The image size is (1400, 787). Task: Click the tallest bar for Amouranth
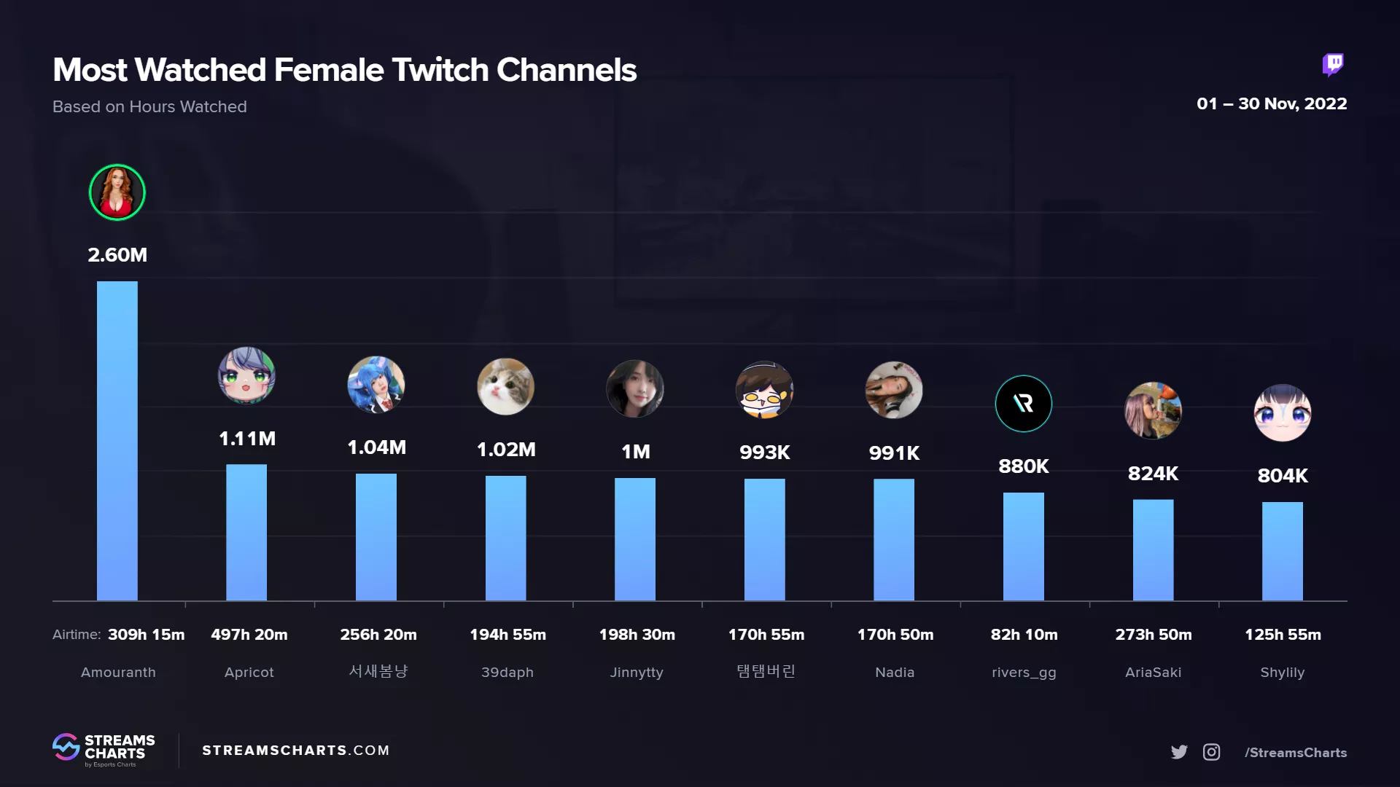(x=117, y=441)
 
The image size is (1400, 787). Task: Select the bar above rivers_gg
(x=1023, y=547)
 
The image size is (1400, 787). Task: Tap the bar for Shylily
(x=1282, y=551)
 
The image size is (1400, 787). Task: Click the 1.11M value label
(x=247, y=439)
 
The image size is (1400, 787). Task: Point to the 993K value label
(x=764, y=453)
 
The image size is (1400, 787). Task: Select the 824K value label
(x=1153, y=474)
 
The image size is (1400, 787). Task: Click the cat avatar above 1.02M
(x=505, y=387)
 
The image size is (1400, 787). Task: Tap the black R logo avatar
(x=1023, y=404)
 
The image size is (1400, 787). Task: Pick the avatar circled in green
(x=117, y=192)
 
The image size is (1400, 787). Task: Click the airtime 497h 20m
(x=249, y=635)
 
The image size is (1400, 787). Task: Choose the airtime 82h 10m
(x=1024, y=635)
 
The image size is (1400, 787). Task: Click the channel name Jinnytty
(x=637, y=673)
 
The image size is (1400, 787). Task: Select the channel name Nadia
(x=895, y=673)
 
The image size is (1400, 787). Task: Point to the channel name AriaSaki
(x=1153, y=673)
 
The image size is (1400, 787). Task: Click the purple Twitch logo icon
(x=1333, y=65)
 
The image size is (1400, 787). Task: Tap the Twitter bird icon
(x=1179, y=752)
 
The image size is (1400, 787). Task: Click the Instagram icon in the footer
(x=1211, y=752)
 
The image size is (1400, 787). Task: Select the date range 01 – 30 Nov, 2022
(x=1272, y=103)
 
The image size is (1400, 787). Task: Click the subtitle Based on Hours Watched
(x=149, y=106)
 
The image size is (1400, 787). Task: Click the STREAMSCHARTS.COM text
(x=295, y=751)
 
